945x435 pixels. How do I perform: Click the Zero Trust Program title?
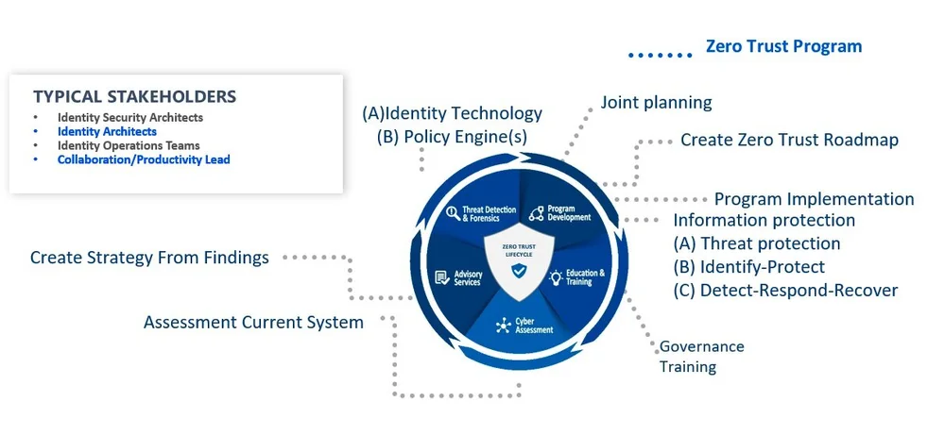(x=783, y=46)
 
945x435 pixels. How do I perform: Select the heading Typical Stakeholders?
(x=134, y=96)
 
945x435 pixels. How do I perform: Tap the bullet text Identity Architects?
(x=107, y=132)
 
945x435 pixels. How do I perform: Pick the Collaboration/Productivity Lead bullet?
(x=144, y=159)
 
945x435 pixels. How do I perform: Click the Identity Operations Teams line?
(x=129, y=145)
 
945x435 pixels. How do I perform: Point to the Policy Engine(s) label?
(x=452, y=136)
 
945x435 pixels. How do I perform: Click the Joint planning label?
(x=656, y=102)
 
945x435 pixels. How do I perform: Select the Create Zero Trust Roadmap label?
(x=789, y=140)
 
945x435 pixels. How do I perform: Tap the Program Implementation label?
(x=814, y=199)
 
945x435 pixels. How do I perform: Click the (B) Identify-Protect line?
(x=748, y=267)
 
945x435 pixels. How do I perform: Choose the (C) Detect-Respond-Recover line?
(x=785, y=290)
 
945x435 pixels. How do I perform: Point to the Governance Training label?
(x=701, y=357)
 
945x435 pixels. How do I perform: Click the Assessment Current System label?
(x=253, y=323)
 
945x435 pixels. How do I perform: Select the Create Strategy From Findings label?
(x=149, y=257)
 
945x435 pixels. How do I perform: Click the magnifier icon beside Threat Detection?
(x=453, y=212)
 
